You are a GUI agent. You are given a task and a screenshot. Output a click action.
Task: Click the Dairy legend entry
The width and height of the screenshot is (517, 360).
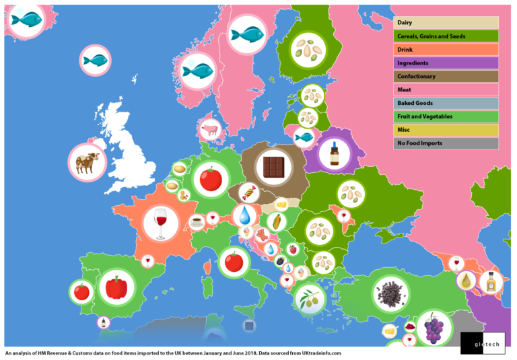(x=446, y=23)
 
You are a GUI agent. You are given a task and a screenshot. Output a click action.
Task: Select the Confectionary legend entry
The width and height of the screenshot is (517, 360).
(x=446, y=77)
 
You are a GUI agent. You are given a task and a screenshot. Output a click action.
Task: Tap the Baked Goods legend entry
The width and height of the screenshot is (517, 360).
(x=446, y=103)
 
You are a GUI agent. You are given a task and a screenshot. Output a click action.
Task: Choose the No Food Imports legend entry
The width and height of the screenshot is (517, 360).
(x=446, y=143)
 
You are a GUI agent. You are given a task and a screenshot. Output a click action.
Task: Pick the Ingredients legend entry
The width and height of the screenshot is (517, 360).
(x=446, y=63)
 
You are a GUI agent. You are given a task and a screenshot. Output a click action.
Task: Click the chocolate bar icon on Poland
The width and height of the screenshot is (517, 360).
(x=274, y=166)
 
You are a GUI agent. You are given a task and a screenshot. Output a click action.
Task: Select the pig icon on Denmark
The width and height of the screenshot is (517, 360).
(x=211, y=129)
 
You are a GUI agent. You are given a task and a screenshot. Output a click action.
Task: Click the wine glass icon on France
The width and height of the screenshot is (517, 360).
(x=161, y=222)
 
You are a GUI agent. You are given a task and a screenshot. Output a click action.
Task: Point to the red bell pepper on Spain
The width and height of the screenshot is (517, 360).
(x=116, y=287)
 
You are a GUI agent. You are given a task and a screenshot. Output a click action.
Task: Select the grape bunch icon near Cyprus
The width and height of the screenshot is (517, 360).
(x=434, y=328)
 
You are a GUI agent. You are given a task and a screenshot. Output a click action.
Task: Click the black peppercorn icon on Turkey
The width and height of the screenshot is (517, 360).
(x=387, y=294)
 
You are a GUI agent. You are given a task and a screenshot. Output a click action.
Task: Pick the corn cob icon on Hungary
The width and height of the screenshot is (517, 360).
(x=276, y=221)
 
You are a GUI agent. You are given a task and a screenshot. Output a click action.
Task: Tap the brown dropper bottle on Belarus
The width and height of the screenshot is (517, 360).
(x=334, y=153)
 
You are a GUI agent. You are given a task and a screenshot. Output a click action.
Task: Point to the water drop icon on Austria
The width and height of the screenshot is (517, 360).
(x=242, y=215)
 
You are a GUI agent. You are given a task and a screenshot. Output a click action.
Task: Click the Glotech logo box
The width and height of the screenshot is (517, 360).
(x=482, y=343)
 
